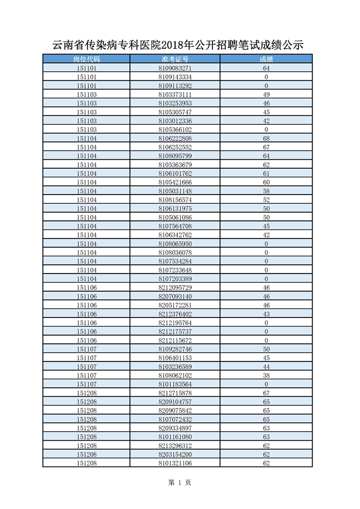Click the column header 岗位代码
tap(86, 59)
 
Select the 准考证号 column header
tap(175, 59)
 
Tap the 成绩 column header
tap(266, 59)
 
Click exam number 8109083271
tap(175, 68)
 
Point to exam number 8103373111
tap(175, 95)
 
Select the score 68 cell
tap(266, 138)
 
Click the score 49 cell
tap(266, 95)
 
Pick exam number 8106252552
tap(175, 147)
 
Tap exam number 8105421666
tap(175, 182)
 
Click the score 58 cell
tap(266, 191)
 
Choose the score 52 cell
tap(266, 200)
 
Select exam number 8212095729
tap(175, 288)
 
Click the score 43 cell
tap(266, 314)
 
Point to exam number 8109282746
tap(175, 349)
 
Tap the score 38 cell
tap(266, 376)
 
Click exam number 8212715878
tap(175, 393)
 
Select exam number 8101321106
tap(175, 464)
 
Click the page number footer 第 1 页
tap(179, 483)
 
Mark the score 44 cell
tap(266, 367)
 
